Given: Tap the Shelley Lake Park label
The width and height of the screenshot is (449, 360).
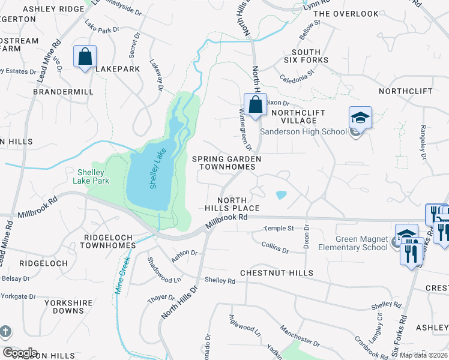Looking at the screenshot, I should click(91, 176).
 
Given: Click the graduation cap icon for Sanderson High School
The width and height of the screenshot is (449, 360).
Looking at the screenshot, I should click(360, 117).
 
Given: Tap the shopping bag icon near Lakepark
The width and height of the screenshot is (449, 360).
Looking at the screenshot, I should click(85, 57).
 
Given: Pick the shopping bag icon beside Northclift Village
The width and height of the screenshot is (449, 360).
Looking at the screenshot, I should click(255, 104).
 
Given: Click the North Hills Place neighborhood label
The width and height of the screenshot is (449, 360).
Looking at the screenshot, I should click(238, 204).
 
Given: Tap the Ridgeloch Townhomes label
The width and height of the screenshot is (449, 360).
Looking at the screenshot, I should click(108, 242).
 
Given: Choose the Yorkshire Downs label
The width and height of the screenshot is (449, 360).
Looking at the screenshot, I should click(64, 307).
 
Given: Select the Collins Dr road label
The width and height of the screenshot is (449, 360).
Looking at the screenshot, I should click(276, 244).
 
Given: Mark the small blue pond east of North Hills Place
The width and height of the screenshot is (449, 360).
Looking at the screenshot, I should click(280, 194).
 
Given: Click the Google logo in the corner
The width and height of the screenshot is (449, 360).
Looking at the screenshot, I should click(19, 352).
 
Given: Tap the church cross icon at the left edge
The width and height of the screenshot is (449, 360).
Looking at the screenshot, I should click(5, 331).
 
